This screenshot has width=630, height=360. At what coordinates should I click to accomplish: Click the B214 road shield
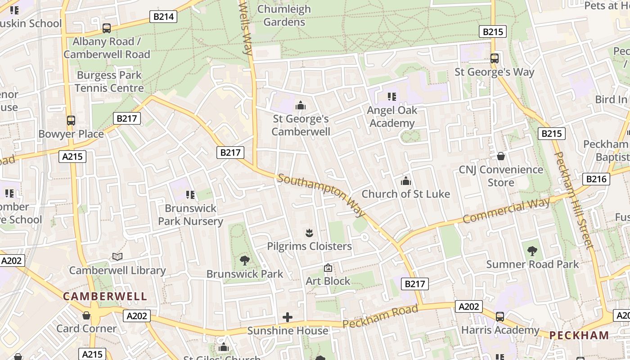163,17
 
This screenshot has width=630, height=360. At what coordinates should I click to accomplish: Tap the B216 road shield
597,179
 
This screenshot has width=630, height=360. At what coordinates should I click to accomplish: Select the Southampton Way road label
321,194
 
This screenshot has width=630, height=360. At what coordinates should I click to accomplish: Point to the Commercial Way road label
506,211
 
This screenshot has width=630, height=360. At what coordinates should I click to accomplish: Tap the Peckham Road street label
380,317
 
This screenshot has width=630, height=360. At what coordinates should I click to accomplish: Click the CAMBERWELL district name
105,296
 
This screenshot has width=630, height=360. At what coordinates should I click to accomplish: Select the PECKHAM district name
579,335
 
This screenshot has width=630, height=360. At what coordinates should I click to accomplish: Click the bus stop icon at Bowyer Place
71,121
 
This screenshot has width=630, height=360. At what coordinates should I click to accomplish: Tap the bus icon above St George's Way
494,58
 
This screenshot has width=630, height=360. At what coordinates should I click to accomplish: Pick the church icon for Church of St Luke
406,181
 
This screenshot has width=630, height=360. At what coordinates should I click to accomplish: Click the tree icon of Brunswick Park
245,260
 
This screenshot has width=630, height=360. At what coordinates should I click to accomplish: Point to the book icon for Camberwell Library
117,256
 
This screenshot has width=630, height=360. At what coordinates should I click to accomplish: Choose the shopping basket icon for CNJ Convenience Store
501,156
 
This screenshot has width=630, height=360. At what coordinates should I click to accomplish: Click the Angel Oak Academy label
391,117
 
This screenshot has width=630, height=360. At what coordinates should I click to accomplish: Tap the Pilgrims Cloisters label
309,246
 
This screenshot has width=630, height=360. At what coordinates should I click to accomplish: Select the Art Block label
328,281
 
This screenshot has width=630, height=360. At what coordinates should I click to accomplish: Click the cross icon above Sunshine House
288,317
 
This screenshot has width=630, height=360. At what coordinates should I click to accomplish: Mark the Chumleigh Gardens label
284,15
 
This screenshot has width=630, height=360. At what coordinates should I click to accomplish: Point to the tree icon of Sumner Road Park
532,251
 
